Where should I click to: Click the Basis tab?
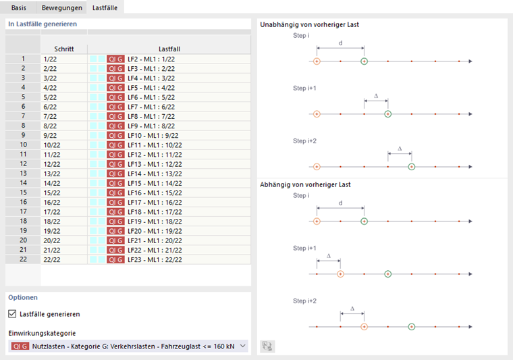pos(19,7)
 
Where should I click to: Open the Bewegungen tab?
pos(61,7)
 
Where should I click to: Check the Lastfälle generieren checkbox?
pos(13,313)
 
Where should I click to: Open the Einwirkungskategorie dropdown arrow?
pos(243,346)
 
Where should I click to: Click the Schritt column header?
pos(64,49)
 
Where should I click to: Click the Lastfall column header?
pos(169,49)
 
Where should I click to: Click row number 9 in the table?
pos(23,136)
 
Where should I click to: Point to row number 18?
pos(23,222)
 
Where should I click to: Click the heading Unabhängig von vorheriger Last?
pos(309,24)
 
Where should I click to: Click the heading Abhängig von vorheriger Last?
pos(305,184)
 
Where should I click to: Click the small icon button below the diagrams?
pos(268,346)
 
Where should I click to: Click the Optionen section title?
pos(23,297)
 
